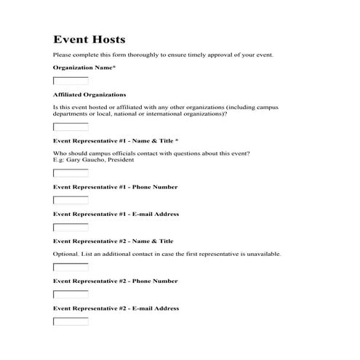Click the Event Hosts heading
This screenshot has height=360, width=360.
tap(89, 39)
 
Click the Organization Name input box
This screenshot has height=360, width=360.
tap(71, 81)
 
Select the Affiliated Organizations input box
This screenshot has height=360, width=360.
tap(71, 127)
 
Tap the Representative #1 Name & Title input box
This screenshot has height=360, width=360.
tap(71, 173)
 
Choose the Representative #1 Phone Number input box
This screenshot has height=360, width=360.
tap(71, 200)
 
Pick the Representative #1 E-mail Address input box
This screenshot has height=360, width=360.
tap(71, 228)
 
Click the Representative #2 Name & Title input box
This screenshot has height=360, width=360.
tap(71, 267)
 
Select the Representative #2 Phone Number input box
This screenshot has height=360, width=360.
tap(71, 295)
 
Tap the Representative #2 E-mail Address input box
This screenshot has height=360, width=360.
tap(71, 321)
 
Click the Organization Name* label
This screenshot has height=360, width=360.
tap(84, 68)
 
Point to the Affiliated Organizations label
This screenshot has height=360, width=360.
tap(89, 95)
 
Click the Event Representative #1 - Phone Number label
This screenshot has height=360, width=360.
tap(115, 187)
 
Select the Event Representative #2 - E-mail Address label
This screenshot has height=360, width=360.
tap(116, 308)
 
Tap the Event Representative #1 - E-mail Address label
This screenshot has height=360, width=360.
tap(116, 215)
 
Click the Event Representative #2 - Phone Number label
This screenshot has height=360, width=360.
tap(115, 281)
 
